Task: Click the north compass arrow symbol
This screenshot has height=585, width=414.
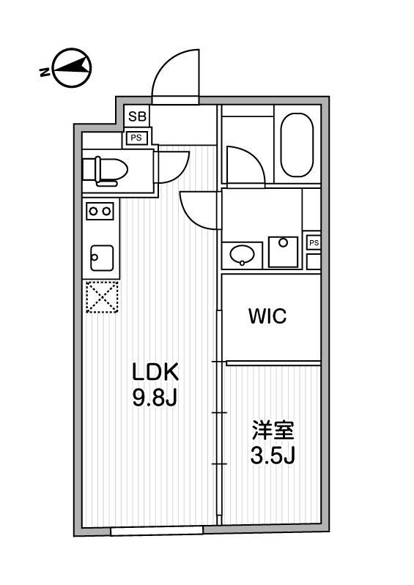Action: tap(72, 68)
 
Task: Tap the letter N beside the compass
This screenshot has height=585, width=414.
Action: tap(44, 72)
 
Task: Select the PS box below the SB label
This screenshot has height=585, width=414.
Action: tap(137, 137)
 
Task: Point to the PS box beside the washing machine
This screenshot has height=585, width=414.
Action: tap(313, 242)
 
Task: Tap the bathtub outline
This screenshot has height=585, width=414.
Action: tap(297, 145)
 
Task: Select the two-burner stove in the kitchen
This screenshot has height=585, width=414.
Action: tap(100, 211)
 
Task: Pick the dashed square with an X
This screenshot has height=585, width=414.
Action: tap(102, 297)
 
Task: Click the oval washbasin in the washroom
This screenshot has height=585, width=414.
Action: tap(243, 255)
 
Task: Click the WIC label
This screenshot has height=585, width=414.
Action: tap(267, 316)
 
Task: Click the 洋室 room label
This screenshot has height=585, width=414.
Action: tap(272, 429)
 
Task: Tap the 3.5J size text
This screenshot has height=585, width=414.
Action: tap(272, 456)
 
